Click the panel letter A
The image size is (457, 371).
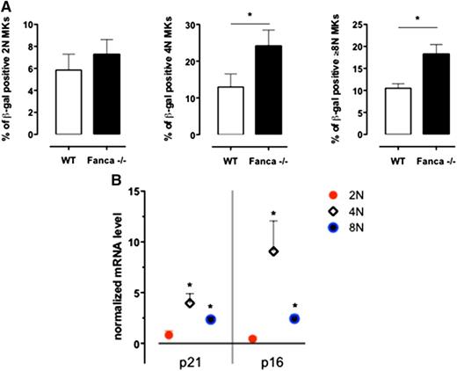click(x=8, y=8)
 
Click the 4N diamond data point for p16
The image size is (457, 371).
click(x=274, y=251)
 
